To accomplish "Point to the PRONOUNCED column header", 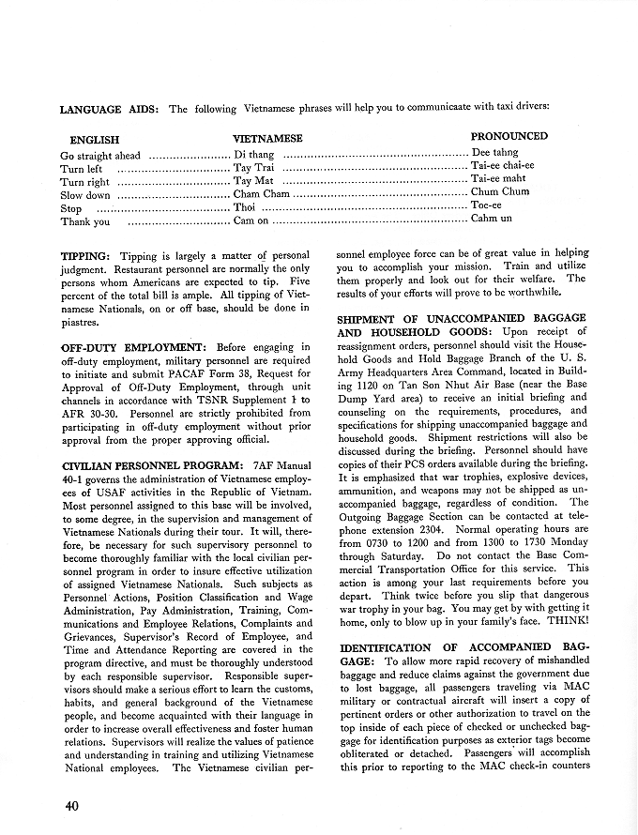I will [x=509, y=136].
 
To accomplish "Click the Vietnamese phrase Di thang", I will [x=254, y=154].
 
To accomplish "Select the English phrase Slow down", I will [x=85, y=195].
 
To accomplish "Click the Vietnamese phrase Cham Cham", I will [x=262, y=193].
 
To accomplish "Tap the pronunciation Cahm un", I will [x=492, y=219].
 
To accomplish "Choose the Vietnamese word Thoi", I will [x=244, y=207].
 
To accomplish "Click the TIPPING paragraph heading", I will [x=85, y=255].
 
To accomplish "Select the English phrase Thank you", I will [x=85, y=222].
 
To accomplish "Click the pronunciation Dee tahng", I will [x=494, y=152].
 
